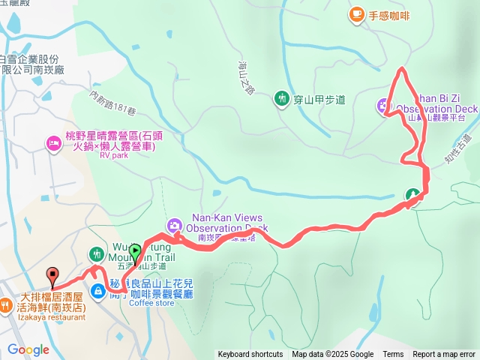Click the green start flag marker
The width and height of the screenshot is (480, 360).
134,253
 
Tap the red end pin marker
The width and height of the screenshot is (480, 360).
52,275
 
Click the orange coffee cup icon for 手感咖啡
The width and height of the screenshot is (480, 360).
356,13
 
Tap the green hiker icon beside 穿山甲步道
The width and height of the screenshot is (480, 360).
282,98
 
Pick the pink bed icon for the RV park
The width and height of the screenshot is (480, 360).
54,142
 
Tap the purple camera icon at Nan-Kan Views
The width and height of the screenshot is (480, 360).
174,225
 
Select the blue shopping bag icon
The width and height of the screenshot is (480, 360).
99,290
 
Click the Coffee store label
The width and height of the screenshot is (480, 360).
151,304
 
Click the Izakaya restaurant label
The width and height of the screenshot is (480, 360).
43,317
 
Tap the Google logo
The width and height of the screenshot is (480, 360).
28,349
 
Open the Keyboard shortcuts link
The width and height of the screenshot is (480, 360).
250,355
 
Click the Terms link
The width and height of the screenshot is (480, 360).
393,355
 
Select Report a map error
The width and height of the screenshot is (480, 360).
444,355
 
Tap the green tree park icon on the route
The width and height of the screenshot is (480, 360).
412,196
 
